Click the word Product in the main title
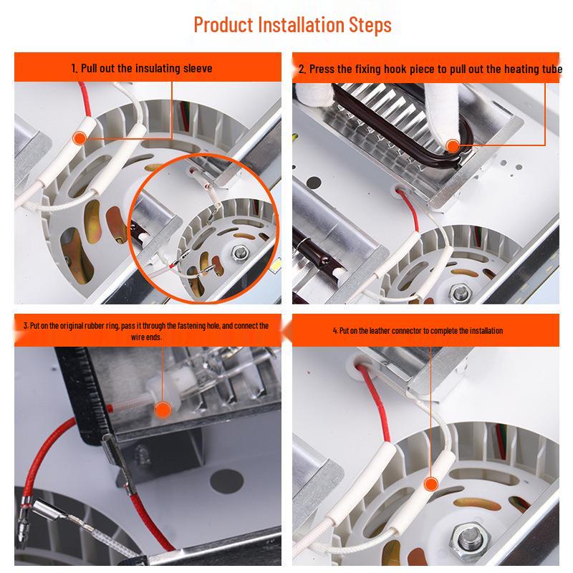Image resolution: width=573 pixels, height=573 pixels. tap(223, 25)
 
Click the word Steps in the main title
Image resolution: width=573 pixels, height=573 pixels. tap(370, 25)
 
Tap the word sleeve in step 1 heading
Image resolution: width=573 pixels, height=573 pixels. tap(198, 68)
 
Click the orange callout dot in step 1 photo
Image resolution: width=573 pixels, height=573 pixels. tap(80, 138)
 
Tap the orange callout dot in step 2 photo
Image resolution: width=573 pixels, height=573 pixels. tap(453, 146)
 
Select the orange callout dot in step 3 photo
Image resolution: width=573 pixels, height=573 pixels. tap(163, 410)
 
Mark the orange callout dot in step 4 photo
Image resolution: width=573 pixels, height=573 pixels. tap(431, 485)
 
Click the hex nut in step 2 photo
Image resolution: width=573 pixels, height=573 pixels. tap(459, 292)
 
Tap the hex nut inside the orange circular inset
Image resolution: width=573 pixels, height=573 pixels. tap(239, 252)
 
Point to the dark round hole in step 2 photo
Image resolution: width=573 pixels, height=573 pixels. tap(313, 182)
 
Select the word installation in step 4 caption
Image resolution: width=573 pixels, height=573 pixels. tap(486, 331)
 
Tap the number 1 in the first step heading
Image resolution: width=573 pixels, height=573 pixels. tap(74, 68)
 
